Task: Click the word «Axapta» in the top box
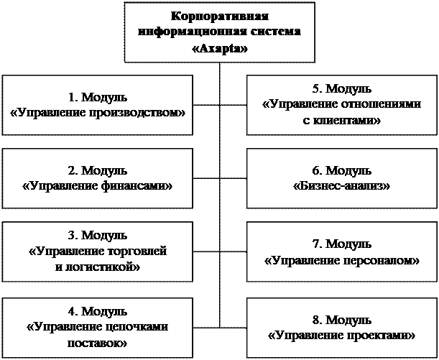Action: pyautogui.click(x=219, y=50)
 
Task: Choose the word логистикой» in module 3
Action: pyautogui.click(x=103, y=267)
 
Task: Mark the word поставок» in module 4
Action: pyautogui.click(x=98, y=341)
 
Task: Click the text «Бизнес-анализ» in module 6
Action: pyautogui.click(x=342, y=185)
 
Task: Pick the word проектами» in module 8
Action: pyautogui.click(x=381, y=334)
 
